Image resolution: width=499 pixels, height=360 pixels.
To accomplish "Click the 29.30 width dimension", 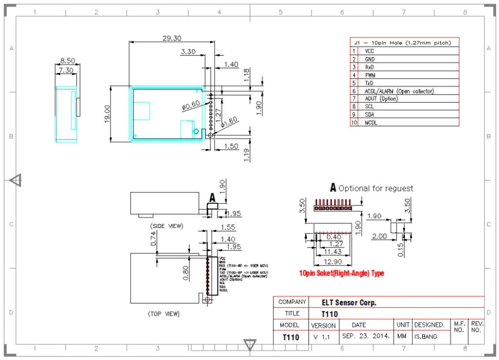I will coord(172,38).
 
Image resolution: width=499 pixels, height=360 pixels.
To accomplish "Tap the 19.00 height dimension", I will coord(107,114).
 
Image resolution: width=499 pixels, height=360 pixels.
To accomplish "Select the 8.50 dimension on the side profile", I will coord(67,61).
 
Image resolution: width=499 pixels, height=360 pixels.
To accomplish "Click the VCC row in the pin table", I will coord(370,51).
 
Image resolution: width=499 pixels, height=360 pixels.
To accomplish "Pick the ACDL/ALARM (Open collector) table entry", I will coord(399,91).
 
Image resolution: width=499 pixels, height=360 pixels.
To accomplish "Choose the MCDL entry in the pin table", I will coord(371,123).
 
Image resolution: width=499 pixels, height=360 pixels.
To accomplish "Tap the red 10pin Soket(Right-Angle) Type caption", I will coord(341,273).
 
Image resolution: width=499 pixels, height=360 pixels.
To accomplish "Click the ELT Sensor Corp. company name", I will coord(349,303).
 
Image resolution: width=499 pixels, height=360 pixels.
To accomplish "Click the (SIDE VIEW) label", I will coord(166,226).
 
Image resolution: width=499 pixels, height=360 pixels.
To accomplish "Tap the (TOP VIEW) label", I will coord(164,314).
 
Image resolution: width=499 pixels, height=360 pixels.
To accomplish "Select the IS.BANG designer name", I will coord(426,336).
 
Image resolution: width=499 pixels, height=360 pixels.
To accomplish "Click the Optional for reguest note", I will coord(376,189).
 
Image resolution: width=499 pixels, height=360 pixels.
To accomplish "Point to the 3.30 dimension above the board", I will coord(188,52).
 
